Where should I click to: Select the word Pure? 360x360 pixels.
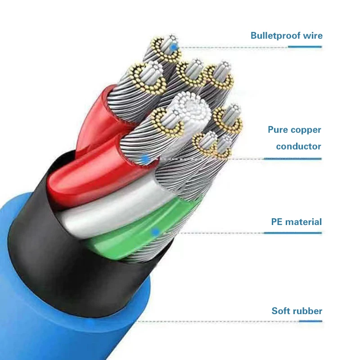coord(278,130)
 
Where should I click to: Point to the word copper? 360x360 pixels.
coord(306,130)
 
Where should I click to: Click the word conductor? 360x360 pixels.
coord(298,146)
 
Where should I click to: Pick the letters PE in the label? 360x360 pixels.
coord(277,222)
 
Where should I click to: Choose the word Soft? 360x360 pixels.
coord(282,311)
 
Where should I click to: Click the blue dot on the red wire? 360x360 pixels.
coord(145,158)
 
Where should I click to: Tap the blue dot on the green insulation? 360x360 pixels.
coord(156,233)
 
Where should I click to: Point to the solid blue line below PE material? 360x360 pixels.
coord(292,233)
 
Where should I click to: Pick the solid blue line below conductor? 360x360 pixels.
coord(292,158)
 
